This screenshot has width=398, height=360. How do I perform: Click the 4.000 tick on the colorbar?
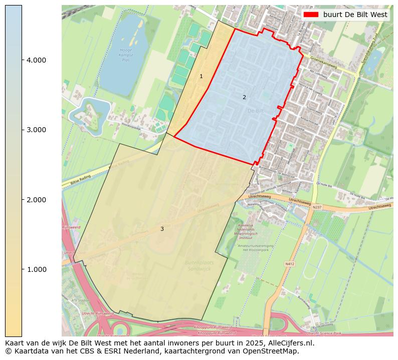coord(36,60)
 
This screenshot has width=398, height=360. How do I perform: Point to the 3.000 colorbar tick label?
coord(36,130)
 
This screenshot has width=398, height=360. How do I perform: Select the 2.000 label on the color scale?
coord(36,200)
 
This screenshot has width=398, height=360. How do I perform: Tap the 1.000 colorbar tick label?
coord(36,269)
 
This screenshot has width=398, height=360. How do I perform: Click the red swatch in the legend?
coord(311,15)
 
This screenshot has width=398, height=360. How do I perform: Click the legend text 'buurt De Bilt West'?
coord(355,15)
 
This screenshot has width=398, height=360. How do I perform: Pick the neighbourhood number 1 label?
coord(201,77)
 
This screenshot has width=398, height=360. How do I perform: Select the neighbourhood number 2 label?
coord(244,97)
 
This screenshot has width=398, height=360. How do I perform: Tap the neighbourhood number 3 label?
coord(162,229)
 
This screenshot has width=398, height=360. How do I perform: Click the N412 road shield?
coord(290,263)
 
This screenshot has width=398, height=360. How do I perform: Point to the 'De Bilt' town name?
coord(255,111)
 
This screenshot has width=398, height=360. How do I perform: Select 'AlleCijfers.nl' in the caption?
coord(290,343)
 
